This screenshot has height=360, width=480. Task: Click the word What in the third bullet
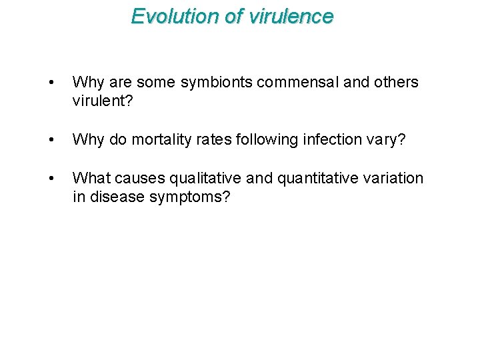(x=91, y=179)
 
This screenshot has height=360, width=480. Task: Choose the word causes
(x=140, y=179)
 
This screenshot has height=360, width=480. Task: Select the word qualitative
(x=202, y=179)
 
